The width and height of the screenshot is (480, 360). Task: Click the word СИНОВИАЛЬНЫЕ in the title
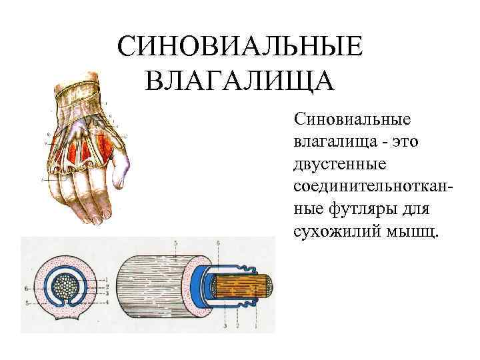click(x=239, y=48)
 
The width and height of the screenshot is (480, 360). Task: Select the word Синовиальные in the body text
click(x=352, y=121)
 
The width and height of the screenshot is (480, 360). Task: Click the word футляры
click(x=364, y=209)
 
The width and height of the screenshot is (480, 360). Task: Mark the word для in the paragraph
click(x=418, y=209)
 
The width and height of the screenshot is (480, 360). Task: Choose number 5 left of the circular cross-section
click(x=25, y=303)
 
